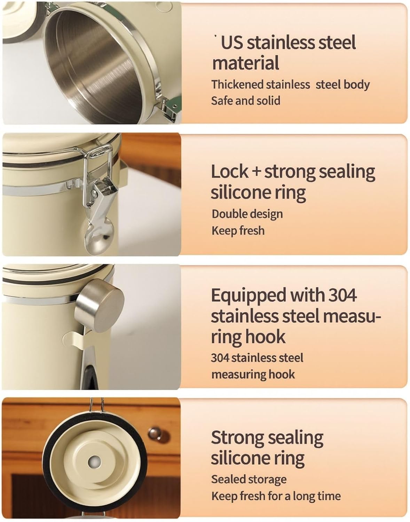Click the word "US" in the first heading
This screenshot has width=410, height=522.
click(x=232, y=43)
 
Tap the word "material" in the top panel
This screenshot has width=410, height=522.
click(x=245, y=63)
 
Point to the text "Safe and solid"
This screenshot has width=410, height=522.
click(x=246, y=101)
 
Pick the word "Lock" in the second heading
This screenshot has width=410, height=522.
click(x=230, y=172)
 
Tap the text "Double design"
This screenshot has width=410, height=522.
click(x=247, y=214)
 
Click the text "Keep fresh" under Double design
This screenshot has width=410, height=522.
click(x=238, y=231)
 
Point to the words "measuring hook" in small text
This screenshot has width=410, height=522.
click(x=253, y=374)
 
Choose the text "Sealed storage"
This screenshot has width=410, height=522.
click(x=249, y=479)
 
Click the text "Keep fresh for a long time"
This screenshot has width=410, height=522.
click(x=276, y=496)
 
